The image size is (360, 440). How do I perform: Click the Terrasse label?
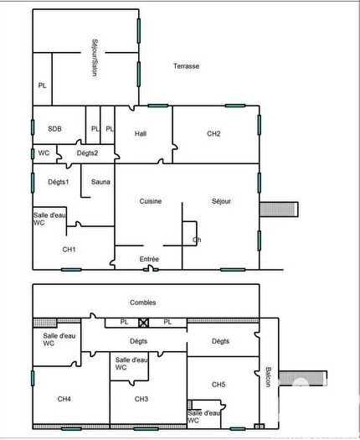click(186, 66)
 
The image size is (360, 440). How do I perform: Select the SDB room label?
click(54, 129)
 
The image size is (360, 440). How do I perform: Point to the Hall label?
click(141, 133)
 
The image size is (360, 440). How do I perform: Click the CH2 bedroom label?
click(213, 133)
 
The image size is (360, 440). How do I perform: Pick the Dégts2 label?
click(88, 153)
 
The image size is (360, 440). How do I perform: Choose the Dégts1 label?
click(58, 182)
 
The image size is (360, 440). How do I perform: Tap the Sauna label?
click(100, 182)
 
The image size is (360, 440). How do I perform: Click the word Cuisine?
click(151, 201)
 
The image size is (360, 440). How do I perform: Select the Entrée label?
click(149, 259)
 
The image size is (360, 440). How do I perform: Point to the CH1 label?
click(69, 249)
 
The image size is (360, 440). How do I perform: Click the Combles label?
click(143, 303)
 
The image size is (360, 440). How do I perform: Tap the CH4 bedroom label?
click(64, 398)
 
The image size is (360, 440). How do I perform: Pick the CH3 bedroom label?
click(141, 398)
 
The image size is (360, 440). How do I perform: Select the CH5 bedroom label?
click(219, 385)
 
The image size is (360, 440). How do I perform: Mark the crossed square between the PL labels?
click(144, 322)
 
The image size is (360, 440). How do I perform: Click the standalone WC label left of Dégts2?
click(44, 153)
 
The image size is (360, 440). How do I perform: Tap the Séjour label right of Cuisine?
click(221, 201)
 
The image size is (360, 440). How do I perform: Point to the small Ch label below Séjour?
click(197, 240)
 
